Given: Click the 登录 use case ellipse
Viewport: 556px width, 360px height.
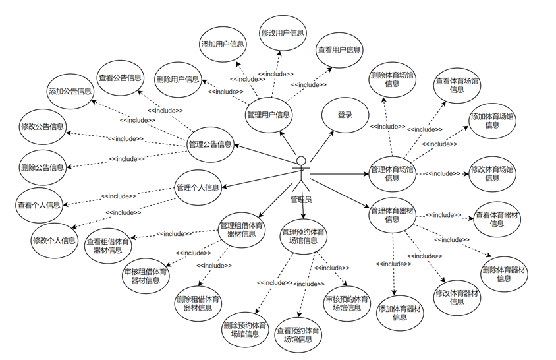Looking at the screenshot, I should tap(345, 115).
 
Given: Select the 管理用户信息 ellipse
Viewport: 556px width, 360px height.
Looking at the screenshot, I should tap(268, 115).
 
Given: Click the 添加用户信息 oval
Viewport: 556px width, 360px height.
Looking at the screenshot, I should tap(223, 44).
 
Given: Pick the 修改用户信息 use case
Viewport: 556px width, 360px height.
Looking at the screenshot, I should tap(283, 32).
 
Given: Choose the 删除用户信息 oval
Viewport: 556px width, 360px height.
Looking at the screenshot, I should tap(178, 80).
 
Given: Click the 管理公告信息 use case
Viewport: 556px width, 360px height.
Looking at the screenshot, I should tap(210, 144).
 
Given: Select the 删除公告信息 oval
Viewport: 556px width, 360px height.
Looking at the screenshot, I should tap(42, 167).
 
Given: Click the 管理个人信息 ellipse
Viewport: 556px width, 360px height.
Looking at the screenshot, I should tap(198, 187).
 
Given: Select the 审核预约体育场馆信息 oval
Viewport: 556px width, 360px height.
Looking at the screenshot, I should tap(346, 303).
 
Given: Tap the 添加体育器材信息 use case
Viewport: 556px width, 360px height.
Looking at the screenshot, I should tap(400, 313).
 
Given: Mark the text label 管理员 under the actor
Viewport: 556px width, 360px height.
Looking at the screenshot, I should tap(301, 199).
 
